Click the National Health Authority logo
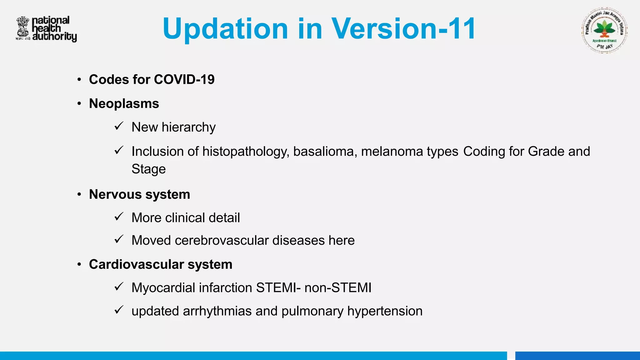coord(46,29)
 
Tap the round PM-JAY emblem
coord(604,31)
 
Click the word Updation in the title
coord(225,29)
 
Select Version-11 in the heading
coord(403,29)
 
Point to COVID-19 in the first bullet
coord(184,79)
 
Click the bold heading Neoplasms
coord(124,103)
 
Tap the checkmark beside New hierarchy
coord(119,126)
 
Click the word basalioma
coord(325,152)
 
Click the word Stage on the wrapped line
coord(148,169)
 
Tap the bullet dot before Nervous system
coord(79,195)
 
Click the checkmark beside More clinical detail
coord(119,217)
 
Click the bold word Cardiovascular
coord(136,264)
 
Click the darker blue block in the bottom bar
coord(577,356)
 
